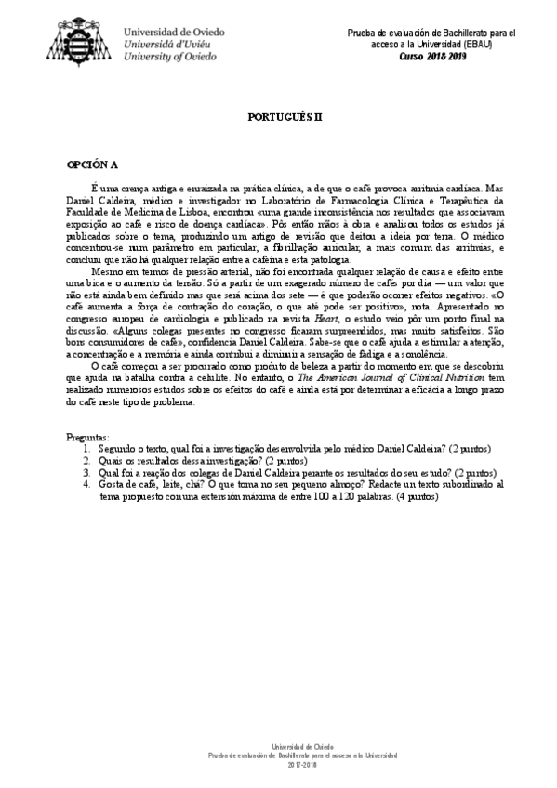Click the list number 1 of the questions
click(86, 449)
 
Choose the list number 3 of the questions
click(86, 472)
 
